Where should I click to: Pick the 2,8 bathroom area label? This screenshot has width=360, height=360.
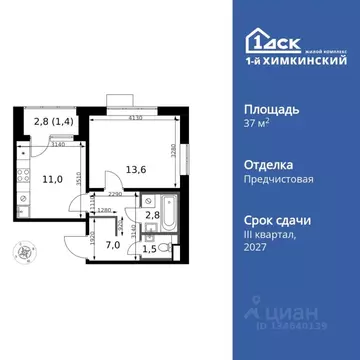(x=152, y=215)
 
